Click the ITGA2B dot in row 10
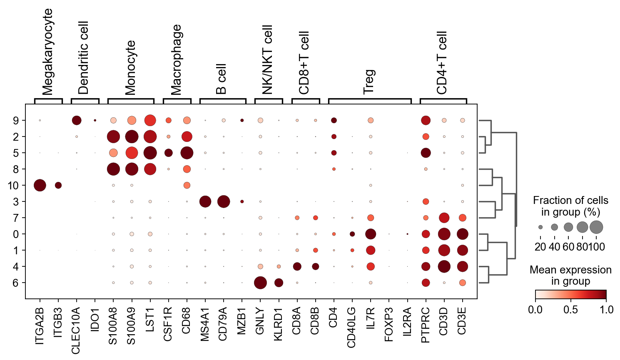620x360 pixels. point(40,185)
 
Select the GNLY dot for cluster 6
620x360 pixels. point(260,283)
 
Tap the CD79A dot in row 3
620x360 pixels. point(224,201)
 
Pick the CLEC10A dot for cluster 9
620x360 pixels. point(77,120)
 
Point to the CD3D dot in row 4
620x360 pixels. point(444,266)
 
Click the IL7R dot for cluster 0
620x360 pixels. point(371,234)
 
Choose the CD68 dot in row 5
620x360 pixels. point(187,153)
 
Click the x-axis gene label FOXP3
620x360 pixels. point(389,324)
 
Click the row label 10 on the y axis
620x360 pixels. point(13,185)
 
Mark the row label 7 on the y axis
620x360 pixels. point(16,218)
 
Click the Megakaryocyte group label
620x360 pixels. point(48,52)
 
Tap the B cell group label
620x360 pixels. point(222,79)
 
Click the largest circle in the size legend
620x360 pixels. point(596,227)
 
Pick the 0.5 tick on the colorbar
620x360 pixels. point(571,310)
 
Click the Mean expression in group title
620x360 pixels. point(570,276)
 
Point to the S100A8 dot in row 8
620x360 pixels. point(113,169)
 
